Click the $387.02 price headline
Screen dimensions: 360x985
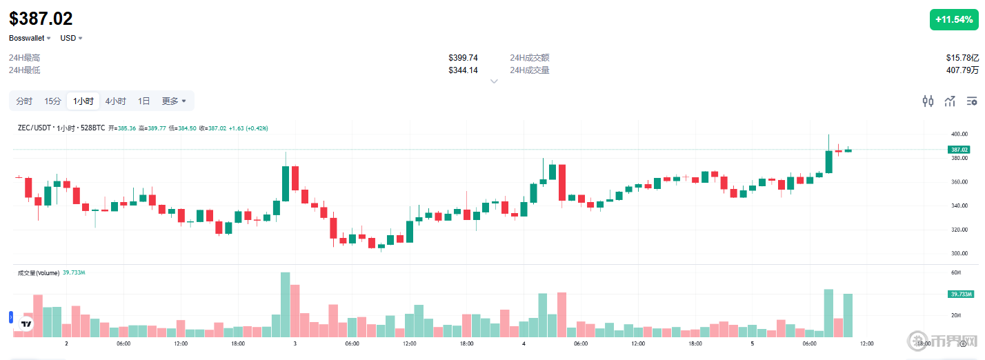click(x=41, y=19)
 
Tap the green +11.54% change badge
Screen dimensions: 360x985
click(x=953, y=20)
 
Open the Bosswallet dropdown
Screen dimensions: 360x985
click(x=30, y=38)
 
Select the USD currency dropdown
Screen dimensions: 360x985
click(x=71, y=38)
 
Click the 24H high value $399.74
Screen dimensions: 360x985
click(x=463, y=58)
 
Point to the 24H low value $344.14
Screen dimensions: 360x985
click(x=463, y=70)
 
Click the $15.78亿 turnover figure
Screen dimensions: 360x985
click(x=962, y=58)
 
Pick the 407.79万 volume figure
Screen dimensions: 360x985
click(x=962, y=70)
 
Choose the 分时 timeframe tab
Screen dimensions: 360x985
click(x=24, y=101)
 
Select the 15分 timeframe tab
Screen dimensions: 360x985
click(x=53, y=101)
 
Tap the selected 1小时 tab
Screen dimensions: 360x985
click(x=83, y=101)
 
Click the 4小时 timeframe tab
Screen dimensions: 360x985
click(x=115, y=101)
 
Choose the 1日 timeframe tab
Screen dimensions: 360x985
click(x=143, y=101)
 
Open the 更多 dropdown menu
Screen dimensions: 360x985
click(x=174, y=101)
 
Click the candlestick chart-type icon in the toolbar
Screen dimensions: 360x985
click(x=928, y=101)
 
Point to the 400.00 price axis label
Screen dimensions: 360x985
click(x=959, y=134)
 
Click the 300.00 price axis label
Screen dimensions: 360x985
click(x=959, y=254)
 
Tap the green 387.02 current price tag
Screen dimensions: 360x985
click(x=959, y=150)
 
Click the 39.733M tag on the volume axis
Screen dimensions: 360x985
click(x=959, y=294)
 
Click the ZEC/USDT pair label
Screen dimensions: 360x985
click(x=35, y=128)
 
